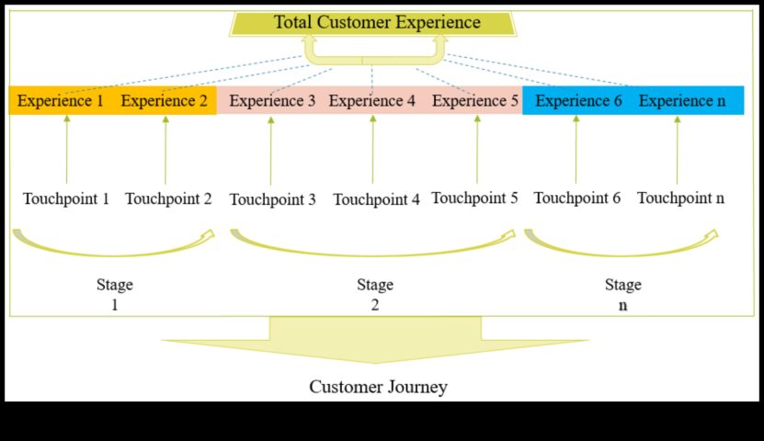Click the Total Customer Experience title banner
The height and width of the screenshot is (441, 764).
[377, 22]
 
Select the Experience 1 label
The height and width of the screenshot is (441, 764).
[60, 101]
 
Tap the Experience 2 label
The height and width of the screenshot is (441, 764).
[164, 101]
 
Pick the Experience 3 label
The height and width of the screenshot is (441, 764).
[272, 101]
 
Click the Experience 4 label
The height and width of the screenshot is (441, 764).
[372, 101]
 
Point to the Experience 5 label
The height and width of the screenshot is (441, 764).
[475, 101]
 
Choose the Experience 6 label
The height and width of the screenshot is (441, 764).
[578, 101]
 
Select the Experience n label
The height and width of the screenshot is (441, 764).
[681, 101]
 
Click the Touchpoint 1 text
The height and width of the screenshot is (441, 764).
[66, 198]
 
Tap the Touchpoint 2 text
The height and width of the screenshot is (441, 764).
[168, 198]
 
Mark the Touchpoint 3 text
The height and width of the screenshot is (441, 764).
[272, 199]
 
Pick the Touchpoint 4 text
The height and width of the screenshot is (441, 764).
[376, 199]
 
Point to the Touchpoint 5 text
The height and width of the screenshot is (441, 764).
[474, 198]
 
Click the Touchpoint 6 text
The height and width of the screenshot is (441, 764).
[576, 198]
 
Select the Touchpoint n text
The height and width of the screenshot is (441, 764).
[680, 198]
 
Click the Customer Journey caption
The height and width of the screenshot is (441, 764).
[378, 387]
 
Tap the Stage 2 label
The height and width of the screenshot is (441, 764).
[375, 294]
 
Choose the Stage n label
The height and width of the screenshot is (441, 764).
[622, 294]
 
